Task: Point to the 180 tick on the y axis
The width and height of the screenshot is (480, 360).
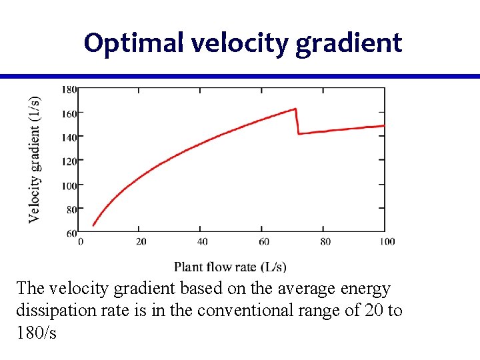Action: click(x=69, y=89)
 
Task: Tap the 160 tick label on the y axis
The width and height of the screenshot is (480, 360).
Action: click(x=69, y=113)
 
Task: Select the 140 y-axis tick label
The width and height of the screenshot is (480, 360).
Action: click(x=69, y=137)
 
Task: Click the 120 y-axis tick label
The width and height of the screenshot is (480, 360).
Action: click(x=69, y=161)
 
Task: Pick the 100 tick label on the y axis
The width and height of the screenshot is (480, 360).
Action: click(x=69, y=185)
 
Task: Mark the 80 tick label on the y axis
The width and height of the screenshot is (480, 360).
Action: click(x=71, y=209)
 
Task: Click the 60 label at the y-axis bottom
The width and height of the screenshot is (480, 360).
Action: click(x=71, y=233)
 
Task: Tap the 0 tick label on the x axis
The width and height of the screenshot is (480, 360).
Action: click(x=81, y=241)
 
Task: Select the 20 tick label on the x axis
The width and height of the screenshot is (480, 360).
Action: click(x=141, y=241)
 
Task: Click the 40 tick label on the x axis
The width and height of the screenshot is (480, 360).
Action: click(x=203, y=241)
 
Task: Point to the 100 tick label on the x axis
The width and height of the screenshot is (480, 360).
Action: click(x=387, y=241)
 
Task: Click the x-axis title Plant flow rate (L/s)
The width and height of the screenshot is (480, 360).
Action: click(x=230, y=267)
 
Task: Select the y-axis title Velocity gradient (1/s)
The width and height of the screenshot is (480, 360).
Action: click(x=33, y=159)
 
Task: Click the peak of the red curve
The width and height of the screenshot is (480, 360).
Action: click(x=295, y=109)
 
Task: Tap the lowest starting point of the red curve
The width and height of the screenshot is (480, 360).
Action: click(x=93, y=225)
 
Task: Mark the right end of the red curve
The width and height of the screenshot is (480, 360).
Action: click(x=384, y=125)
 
